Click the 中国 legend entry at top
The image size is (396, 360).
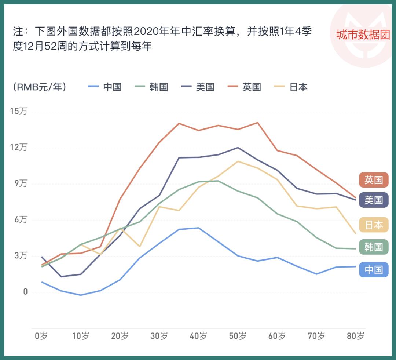[105, 87]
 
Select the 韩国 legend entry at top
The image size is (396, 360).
[152, 87]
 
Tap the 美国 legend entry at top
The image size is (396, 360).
[198, 87]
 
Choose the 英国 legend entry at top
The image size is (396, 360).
[245, 87]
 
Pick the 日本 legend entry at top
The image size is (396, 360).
[291, 87]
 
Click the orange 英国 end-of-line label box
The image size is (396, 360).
[373, 180]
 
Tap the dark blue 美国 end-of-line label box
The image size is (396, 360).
[373, 200]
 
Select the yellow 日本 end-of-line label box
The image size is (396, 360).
[373, 225]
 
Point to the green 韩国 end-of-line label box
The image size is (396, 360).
[373, 247]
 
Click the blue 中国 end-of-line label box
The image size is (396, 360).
[373, 270]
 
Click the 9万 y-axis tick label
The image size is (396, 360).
[21, 184]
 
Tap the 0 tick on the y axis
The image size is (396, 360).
[25, 292]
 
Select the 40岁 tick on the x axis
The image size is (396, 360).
[198, 336]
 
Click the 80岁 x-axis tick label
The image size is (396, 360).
[355, 336]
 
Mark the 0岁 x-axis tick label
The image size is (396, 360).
[41, 336]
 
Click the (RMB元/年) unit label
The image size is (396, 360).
[40, 87]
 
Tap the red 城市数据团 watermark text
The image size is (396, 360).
[363, 35]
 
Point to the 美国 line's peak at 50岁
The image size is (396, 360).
[238, 148]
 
